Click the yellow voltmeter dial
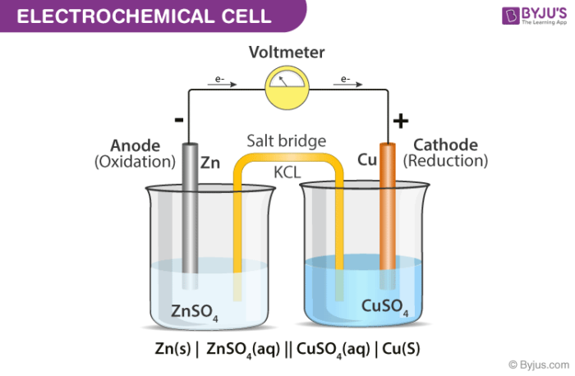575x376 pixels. coord(287,82)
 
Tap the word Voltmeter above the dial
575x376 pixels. coord(287,53)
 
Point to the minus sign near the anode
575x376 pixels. coord(179,119)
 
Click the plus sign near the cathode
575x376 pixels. coord(400,122)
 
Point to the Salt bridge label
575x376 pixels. coord(287,141)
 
